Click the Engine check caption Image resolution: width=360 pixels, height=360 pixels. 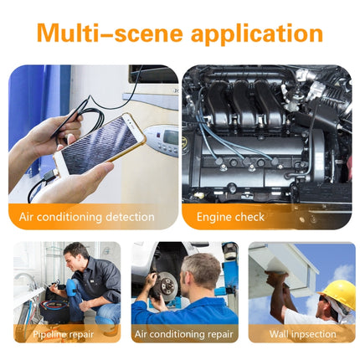(x=230, y=217)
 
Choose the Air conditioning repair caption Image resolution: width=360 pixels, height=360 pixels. (x=184, y=334)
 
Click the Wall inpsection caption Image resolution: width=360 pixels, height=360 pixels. (x=302, y=334)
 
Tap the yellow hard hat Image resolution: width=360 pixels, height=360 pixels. (x=338, y=293)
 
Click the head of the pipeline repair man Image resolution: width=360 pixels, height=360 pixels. (x=78, y=255)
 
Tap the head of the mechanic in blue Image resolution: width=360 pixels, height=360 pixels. (x=202, y=270)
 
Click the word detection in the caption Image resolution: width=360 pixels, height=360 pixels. (x=131, y=217)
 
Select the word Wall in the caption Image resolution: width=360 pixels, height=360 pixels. (x=280, y=334)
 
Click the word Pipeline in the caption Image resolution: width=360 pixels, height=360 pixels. (x=50, y=334)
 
